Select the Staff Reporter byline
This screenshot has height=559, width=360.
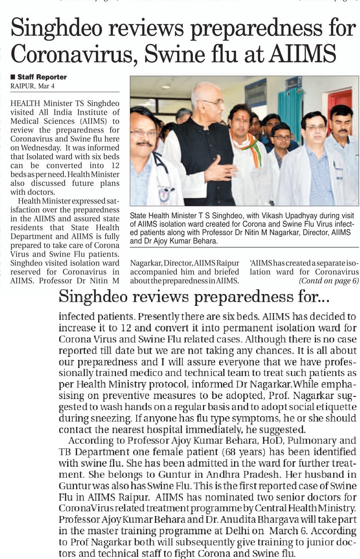pyautogui.click(x=42, y=77)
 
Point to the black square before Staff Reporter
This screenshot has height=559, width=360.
pyautogui.click(x=13, y=77)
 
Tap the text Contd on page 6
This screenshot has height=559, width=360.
pyautogui.click(x=329, y=281)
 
